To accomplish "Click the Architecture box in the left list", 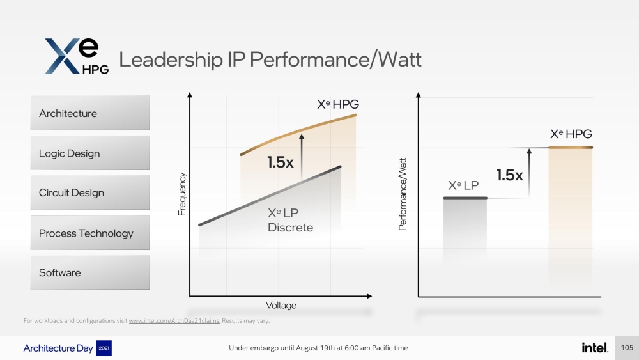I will [89, 113].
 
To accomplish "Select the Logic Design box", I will [89, 153].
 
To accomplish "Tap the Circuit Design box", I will [89, 193].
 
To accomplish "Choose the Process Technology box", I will [89, 233].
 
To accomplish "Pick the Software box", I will [89, 273].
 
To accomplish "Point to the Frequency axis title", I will [182, 194].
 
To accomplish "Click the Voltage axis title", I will [281, 306].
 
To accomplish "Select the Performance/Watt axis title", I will [403, 194].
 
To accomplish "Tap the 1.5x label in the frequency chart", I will [281, 162].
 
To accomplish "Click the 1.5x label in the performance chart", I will [510, 175].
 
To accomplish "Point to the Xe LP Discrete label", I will [290, 221].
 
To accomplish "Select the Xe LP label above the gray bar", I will [464, 185].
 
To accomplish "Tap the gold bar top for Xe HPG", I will [571, 148].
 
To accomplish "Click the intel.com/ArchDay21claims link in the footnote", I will [174, 321].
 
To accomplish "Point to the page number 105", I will [627, 348].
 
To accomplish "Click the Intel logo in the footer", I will [594, 347].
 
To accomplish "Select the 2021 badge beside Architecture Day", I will [104, 348].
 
